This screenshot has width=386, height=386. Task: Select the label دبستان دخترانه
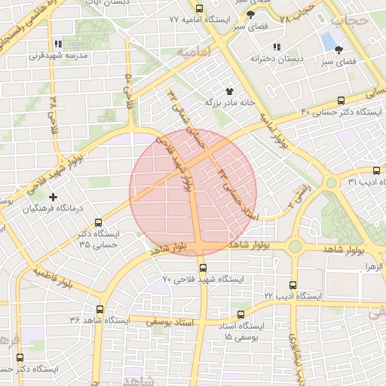[x=271, y=58]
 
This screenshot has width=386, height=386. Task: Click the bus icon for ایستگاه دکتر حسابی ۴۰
[x=342, y=100]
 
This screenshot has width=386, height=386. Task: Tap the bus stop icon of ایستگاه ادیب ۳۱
[x=377, y=171]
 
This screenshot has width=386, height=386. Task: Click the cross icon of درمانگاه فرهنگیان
[x=53, y=197]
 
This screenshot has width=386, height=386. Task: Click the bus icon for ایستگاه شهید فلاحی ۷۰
[x=202, y=268]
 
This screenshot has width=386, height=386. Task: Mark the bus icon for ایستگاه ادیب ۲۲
[x=293, y=285]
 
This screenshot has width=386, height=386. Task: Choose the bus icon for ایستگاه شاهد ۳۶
[x=101, y=308]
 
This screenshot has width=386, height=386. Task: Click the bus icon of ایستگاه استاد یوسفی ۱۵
[x=240, y=314]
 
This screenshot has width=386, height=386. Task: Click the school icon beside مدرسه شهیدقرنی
[x=59, y=44]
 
